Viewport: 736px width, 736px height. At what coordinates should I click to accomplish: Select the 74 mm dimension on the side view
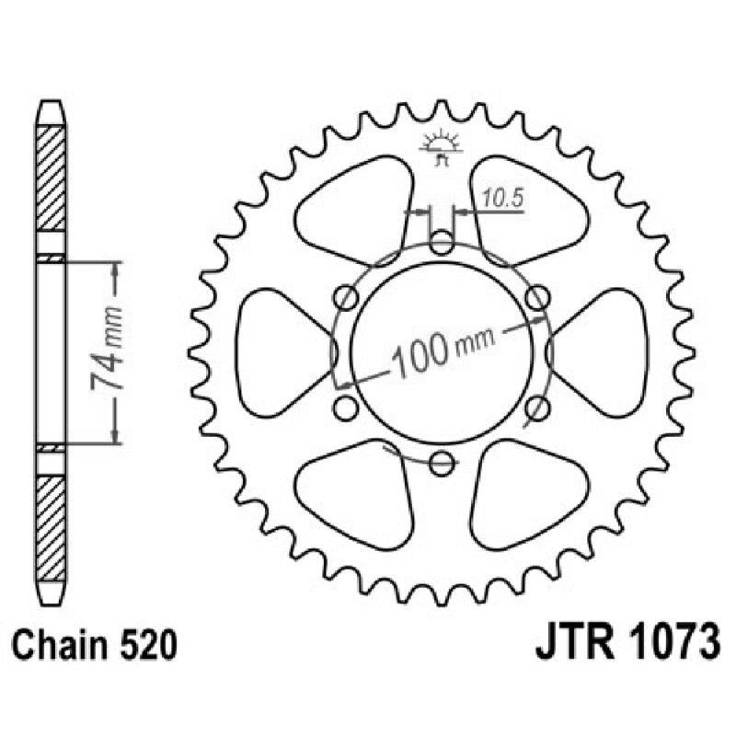[109, 351]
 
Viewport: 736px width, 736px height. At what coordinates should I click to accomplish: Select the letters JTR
[571, 641]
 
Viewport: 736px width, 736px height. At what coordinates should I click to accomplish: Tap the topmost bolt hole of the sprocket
[442, 244]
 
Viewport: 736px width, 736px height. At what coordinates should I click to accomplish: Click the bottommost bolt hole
[442, 462]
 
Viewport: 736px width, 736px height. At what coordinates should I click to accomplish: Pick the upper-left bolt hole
[347, 297]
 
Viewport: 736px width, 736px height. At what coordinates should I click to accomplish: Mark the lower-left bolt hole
[347, 407]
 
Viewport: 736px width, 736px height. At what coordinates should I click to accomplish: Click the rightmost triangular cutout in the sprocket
[604, 352]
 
